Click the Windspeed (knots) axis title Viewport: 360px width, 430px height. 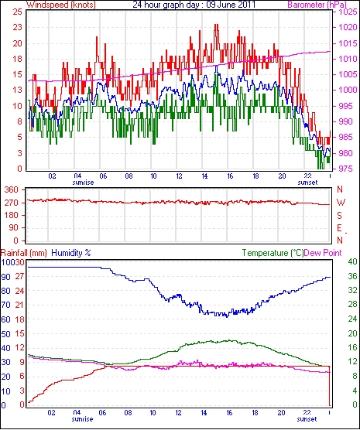pos(61,5)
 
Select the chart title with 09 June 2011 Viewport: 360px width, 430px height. pos(194,5)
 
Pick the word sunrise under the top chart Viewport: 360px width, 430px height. pos(83,183)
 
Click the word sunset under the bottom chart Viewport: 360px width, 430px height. pos(307,419)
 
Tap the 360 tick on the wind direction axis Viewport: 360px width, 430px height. pos(12,189)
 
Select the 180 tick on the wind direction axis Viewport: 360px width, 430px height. pos(12,215)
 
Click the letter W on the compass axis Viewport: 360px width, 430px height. pos(341,203)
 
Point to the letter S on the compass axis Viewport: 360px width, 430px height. pos(340,216)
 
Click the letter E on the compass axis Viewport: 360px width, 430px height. pos(340,228)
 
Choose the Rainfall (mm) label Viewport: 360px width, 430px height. pos(24,253)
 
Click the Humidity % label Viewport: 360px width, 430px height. pos(71,253)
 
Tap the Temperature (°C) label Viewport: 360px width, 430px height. pos(273,253)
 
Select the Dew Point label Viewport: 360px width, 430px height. pos(323,253)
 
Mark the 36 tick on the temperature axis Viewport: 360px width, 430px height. pos(352,276)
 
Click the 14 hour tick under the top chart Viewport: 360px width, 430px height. pos(204,176)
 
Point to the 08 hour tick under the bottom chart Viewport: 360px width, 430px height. pos(128,413)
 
